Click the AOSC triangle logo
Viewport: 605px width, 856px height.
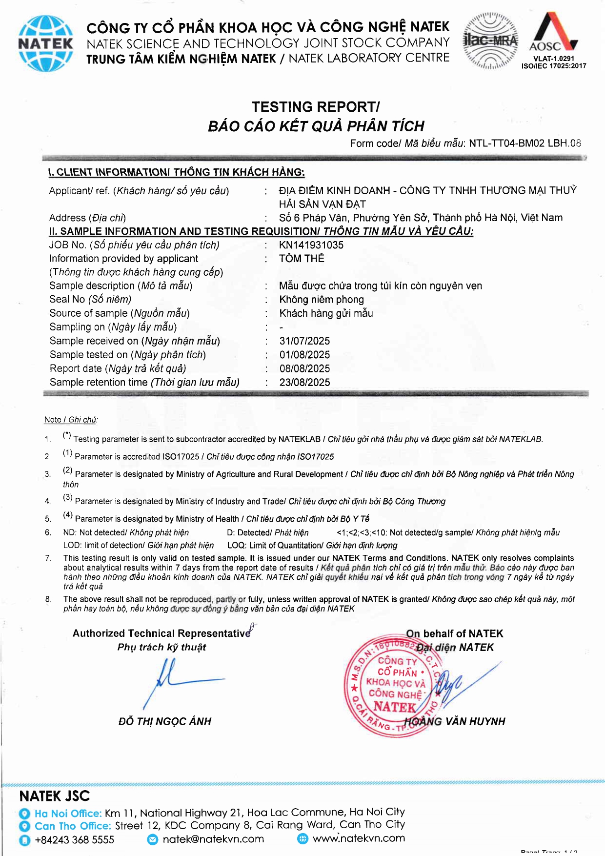coord(554,32)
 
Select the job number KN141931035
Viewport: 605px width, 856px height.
coord(311,245)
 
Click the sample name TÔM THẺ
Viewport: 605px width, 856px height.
coord(302,259)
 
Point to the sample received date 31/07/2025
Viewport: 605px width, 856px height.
coord(304,341)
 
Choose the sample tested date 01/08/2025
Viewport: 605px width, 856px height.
coord(304,355)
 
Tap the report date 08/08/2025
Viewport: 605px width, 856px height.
coord(304,368)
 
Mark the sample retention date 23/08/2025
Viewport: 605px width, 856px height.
coord(304,382)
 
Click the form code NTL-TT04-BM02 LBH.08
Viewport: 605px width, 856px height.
coord(525,143)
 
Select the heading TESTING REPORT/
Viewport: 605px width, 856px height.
coord(315,107)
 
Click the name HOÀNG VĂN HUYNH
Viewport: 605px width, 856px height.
coord(455,721)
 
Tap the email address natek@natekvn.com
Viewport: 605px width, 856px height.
coord(213,839)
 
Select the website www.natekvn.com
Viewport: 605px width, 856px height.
coord(359,838)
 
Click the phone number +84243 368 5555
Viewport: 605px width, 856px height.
coord(75,840)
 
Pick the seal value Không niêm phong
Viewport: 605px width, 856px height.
coord(322,300)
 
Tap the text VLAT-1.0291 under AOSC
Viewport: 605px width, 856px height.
coord(554,59)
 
